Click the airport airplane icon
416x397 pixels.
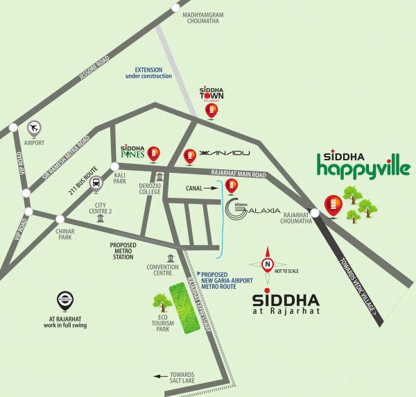coord(34,128)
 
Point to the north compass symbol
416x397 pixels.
coord(266,264)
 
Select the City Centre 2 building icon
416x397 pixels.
coord(101,219)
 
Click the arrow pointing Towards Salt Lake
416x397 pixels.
coord(162,376)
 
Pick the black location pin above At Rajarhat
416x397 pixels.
coord(64,301)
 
